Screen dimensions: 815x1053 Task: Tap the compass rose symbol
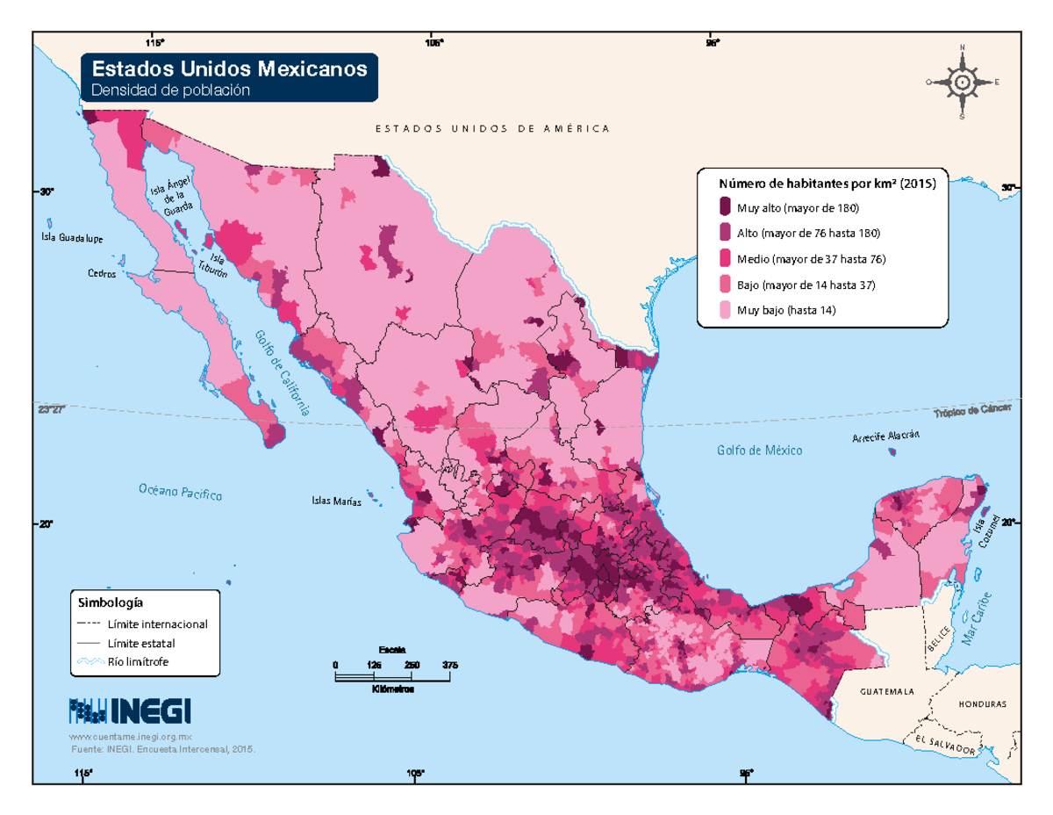tap(962, 82)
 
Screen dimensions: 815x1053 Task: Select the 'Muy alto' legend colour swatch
tap(725, 208)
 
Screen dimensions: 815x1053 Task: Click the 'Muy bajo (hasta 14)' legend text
tap(785, 310)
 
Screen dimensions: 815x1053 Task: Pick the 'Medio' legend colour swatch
tap(725, 259)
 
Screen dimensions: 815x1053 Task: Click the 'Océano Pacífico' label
tap(179, 492)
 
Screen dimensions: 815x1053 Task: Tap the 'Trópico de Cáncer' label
tap(971, 411)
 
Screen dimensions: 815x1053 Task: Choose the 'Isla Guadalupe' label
tap(72, 238)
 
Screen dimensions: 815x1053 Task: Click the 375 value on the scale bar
tap(450, 665)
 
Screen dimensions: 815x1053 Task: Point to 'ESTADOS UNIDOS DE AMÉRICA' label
tap(492, 129)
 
